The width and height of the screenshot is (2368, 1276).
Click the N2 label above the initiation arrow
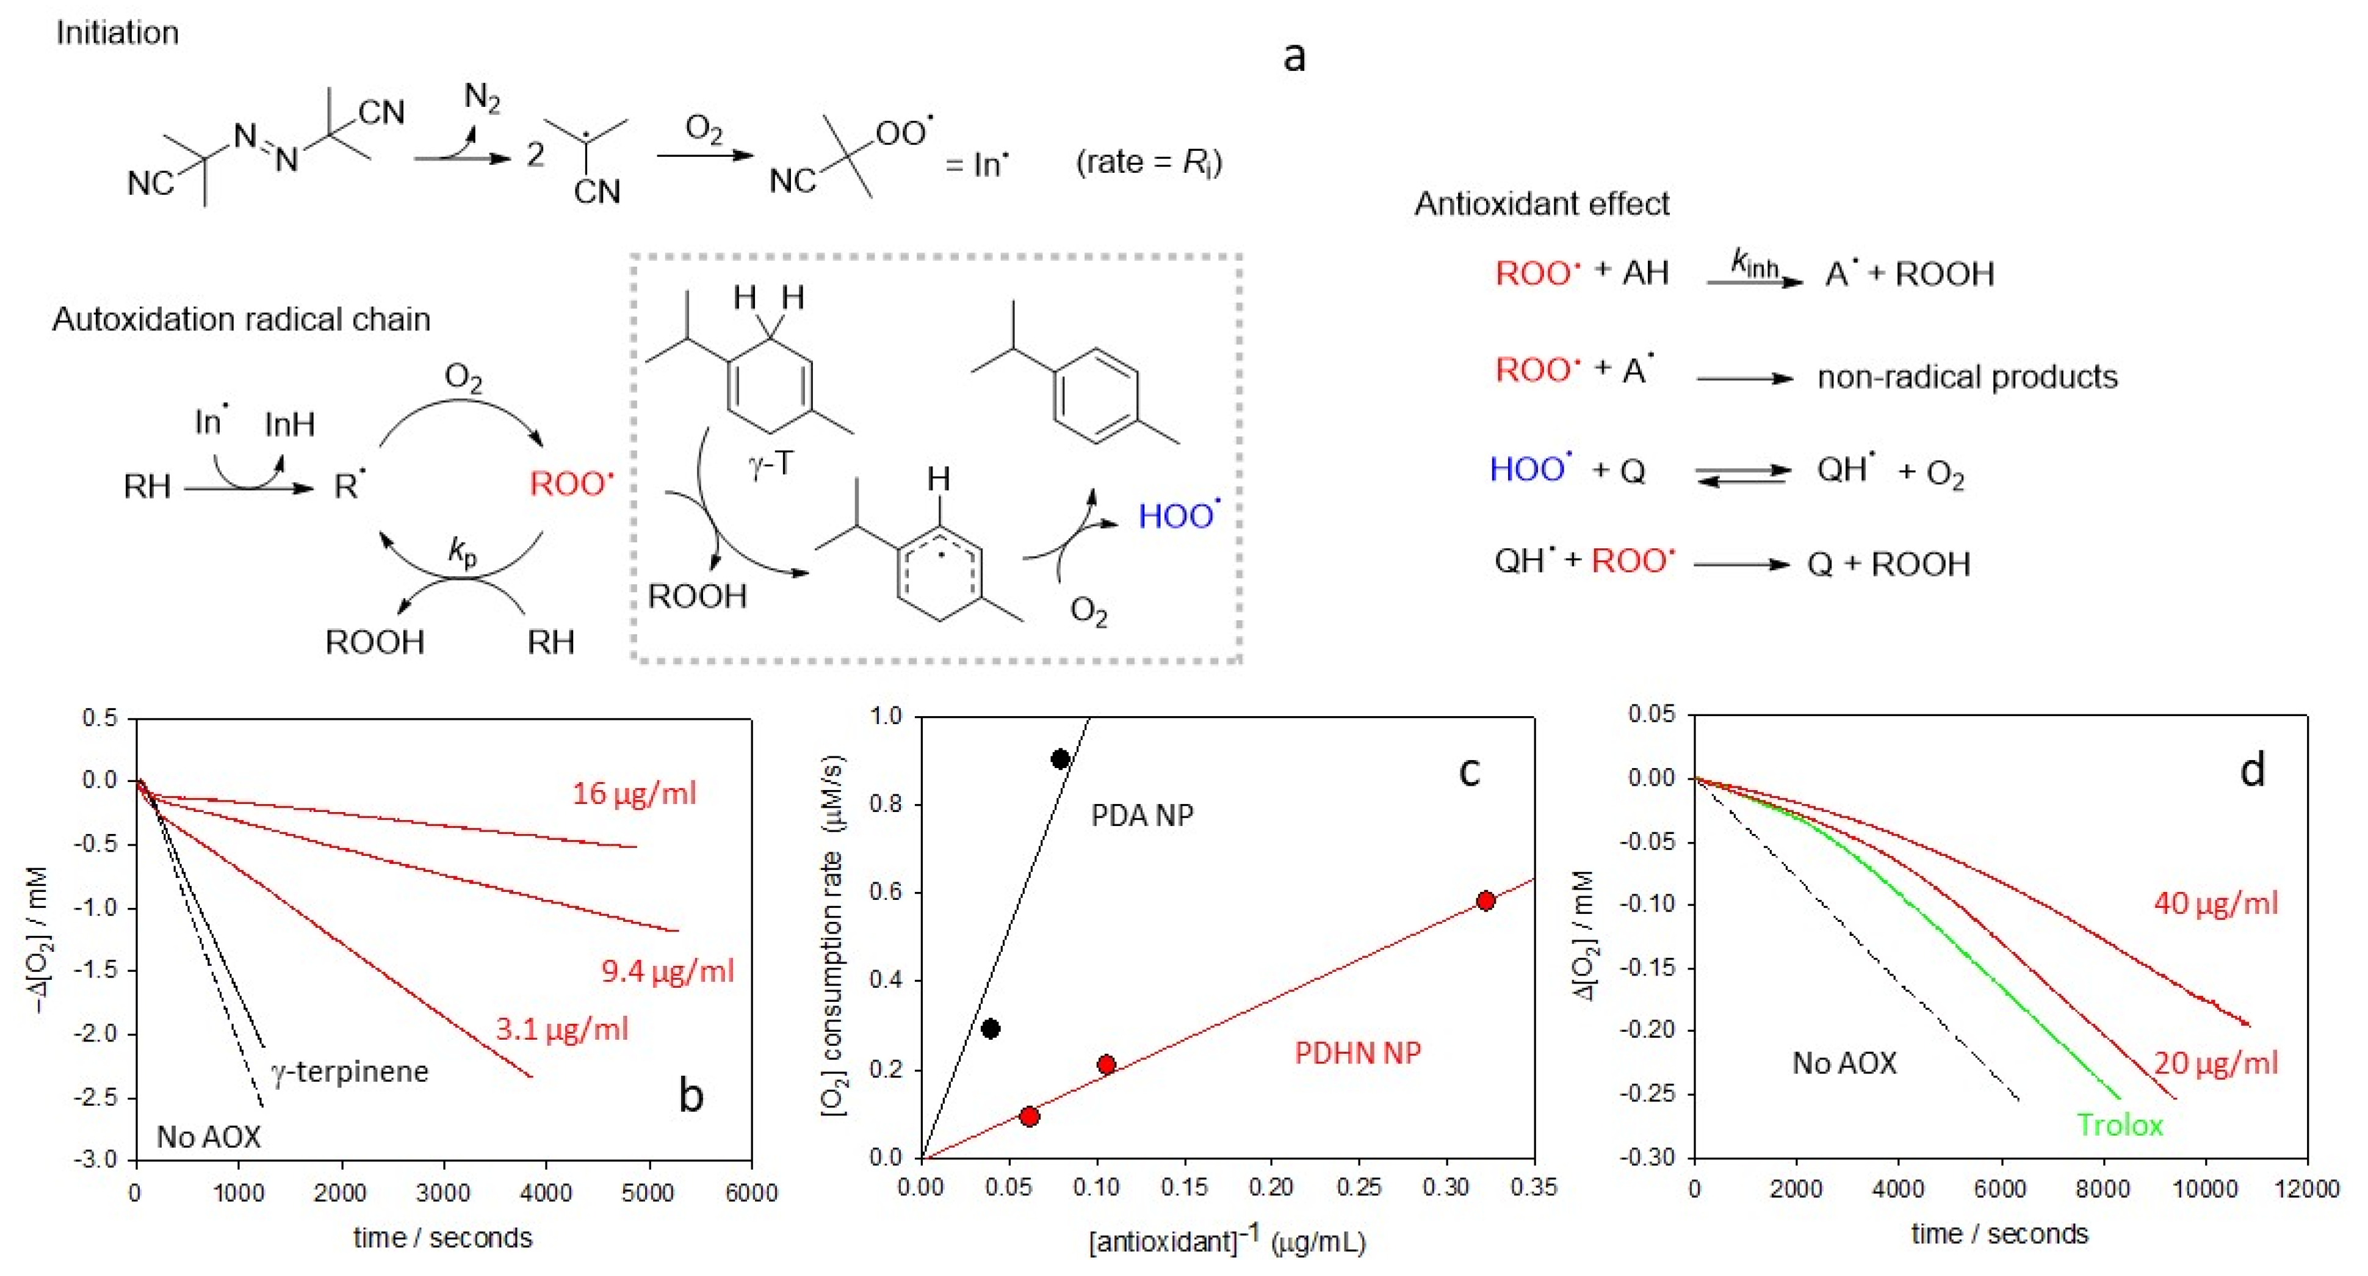[482, 96]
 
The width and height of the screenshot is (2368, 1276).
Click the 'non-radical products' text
[1967, 377]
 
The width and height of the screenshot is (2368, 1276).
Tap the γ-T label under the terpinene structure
[770, 464]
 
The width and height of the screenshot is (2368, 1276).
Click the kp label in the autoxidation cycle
[463, 551]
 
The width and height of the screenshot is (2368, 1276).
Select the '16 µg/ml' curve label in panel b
[634, 793]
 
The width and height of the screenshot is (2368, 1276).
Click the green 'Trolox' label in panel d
[2120, 1125]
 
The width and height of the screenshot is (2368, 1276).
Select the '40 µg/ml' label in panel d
[2215, 904]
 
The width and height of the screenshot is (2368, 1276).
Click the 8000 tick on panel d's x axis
[2101, 1189]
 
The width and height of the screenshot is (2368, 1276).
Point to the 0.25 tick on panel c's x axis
[1358, 1187]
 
